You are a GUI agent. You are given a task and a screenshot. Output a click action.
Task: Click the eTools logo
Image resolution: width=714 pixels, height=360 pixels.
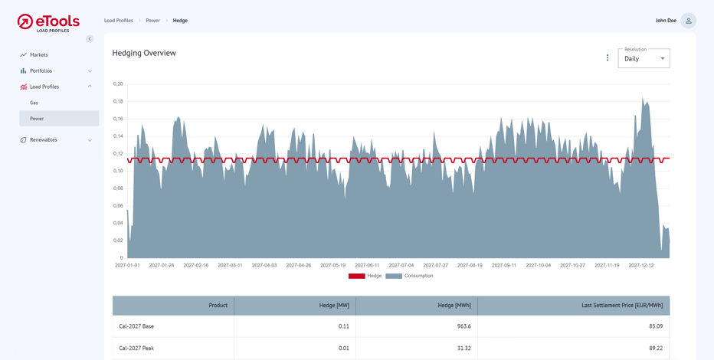coord(48,22)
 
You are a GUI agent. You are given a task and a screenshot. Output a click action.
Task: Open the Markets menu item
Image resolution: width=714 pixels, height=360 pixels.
coord(39,55)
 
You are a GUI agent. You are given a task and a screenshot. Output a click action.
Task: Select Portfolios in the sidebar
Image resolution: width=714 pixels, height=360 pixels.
coord(41,71)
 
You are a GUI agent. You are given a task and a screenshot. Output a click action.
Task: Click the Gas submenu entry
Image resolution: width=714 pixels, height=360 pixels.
coord(34,103)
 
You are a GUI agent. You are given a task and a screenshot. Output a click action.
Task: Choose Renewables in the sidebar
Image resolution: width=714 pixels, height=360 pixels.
coord(44,140)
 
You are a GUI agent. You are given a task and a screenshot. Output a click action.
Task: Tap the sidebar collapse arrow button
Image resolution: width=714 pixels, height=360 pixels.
coord(90,39)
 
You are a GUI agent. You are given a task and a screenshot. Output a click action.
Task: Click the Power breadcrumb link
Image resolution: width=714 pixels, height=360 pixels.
coord(153,21)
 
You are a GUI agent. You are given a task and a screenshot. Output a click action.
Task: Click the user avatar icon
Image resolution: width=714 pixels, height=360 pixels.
coord(688,21)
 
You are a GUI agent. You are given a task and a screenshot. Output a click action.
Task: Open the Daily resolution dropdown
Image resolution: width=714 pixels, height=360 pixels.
coord(644,59)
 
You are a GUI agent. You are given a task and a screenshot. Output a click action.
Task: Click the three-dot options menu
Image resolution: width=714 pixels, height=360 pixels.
coord(608,58)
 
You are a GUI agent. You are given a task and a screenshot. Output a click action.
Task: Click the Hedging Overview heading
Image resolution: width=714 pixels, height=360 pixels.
coord(144,53)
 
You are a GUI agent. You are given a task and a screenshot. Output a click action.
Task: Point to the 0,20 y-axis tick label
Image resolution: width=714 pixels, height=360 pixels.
coord(118,83)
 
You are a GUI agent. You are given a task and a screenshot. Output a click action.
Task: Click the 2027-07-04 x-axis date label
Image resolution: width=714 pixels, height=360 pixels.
coord(401,265)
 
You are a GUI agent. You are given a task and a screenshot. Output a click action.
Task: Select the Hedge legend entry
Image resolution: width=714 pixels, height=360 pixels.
coord(365,276)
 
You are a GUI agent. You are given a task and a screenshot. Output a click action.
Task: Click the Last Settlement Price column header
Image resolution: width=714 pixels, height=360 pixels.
coord(622,306)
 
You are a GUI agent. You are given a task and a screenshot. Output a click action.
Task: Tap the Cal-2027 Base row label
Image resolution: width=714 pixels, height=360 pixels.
coord(136,326)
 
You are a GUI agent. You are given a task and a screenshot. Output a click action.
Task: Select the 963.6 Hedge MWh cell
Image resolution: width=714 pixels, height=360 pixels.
coord(463,326)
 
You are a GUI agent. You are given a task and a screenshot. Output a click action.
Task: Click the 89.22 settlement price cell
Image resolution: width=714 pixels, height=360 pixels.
coord(655,349)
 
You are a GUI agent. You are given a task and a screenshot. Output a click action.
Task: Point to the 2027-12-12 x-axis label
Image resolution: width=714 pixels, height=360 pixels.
coord(641,265)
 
